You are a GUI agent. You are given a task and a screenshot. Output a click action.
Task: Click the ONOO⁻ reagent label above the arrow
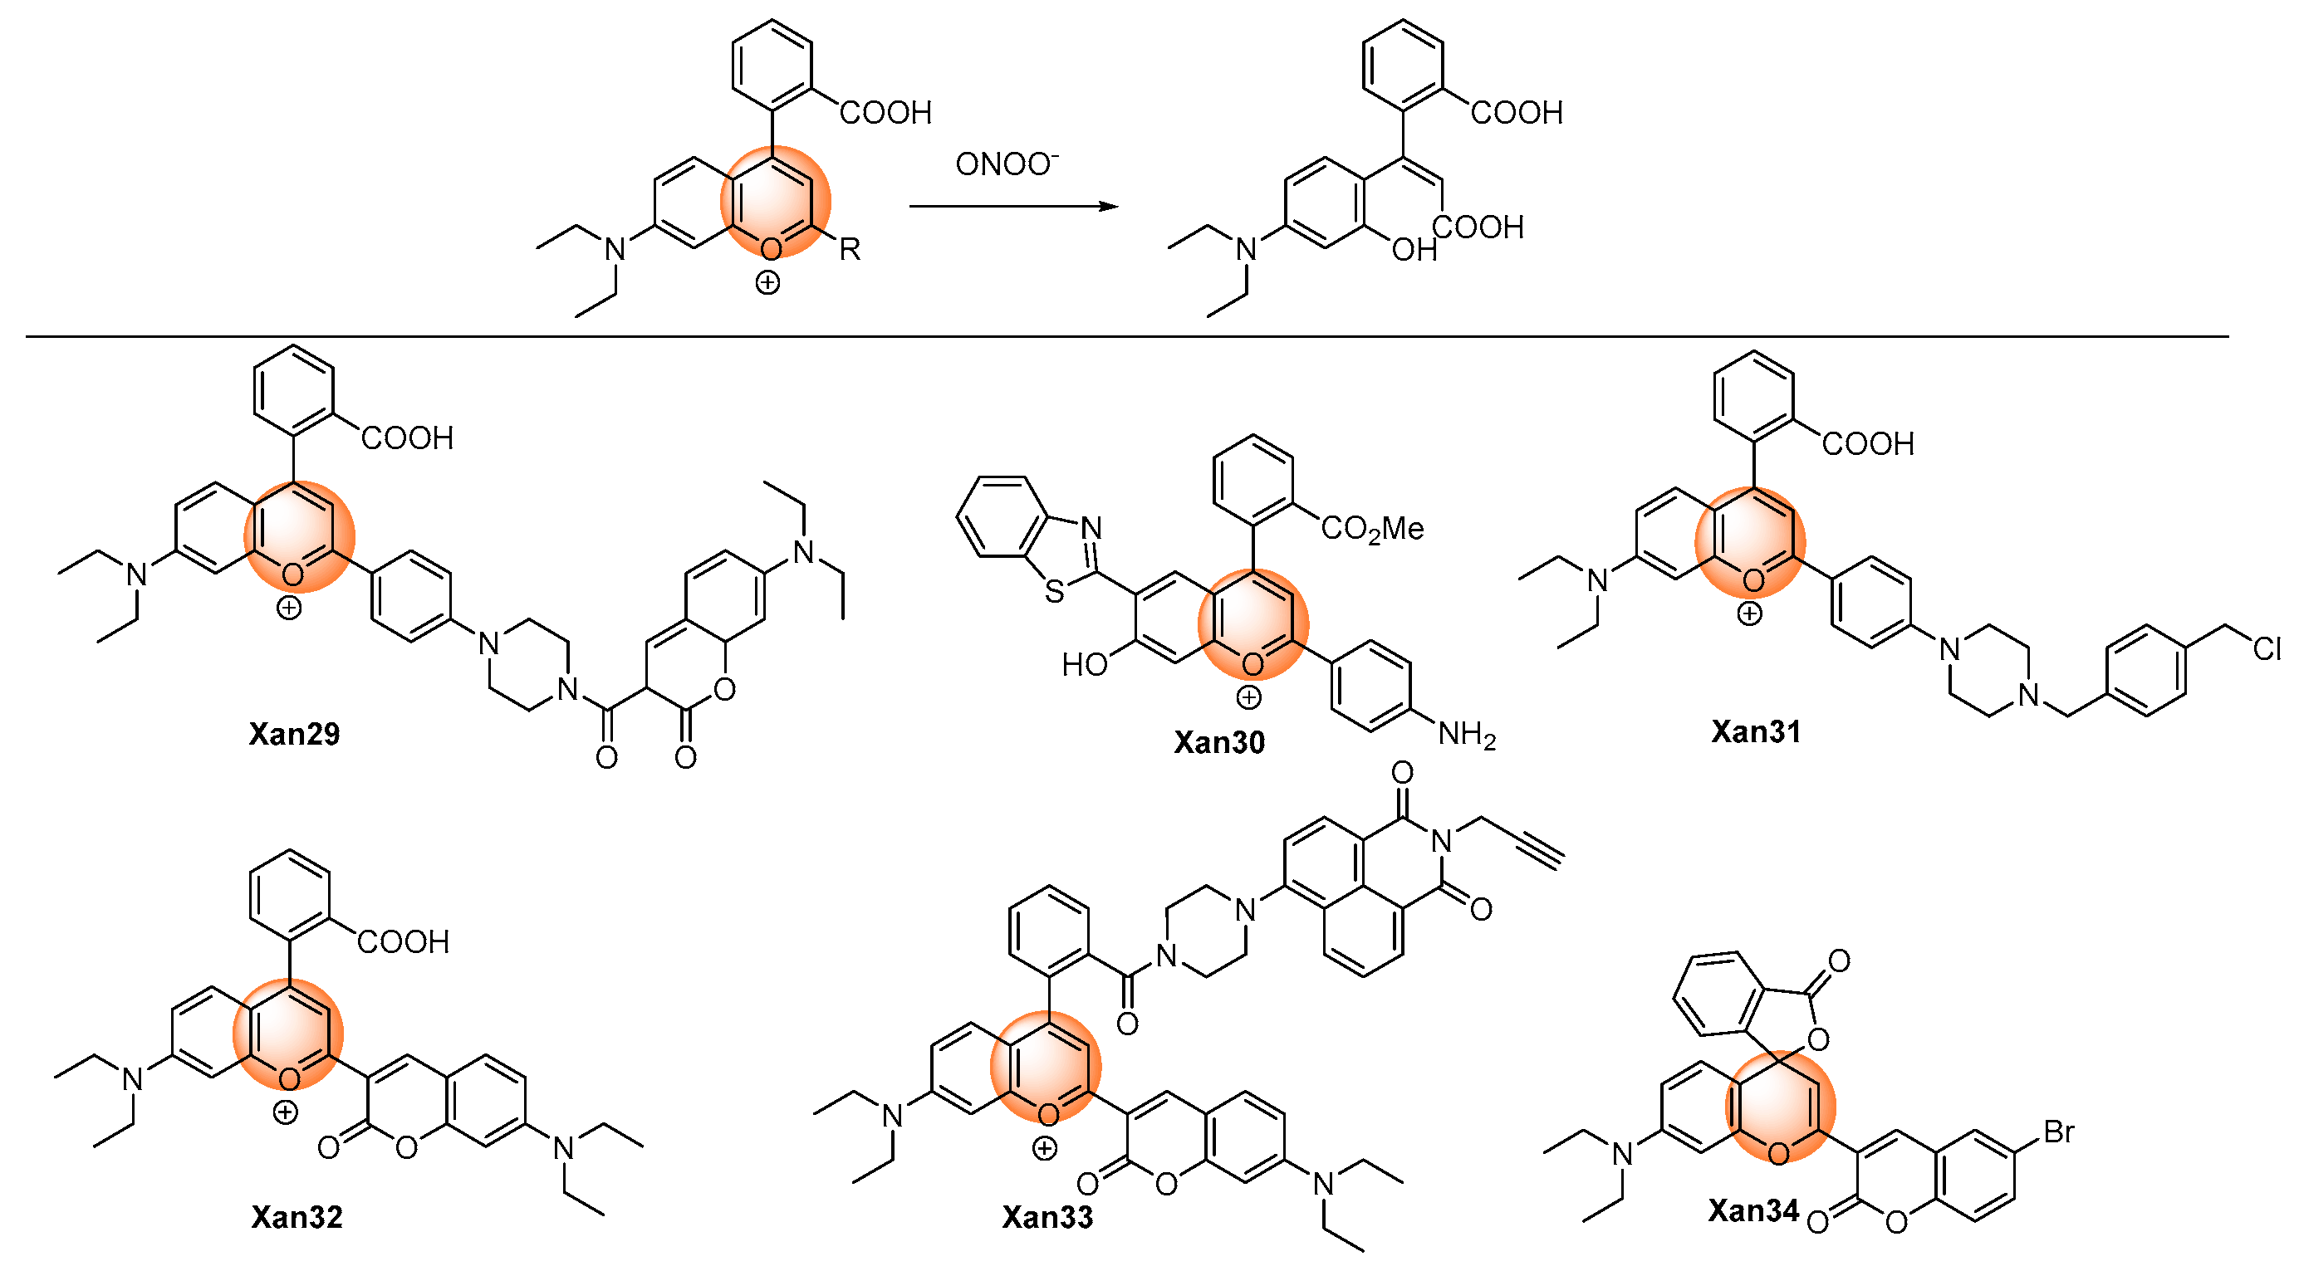click(x=1007, y=164)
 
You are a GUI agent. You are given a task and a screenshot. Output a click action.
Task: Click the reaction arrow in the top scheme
click(x=1014, y=206)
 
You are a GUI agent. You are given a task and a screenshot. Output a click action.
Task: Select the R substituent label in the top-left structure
click(x=850, y=249)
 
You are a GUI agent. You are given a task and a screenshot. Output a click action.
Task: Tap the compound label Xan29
click(x=295, y=733)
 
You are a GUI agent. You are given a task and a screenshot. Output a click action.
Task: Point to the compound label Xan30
click(x=1219, y=742)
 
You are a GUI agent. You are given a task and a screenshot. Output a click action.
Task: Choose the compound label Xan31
click(x=1756, y=731)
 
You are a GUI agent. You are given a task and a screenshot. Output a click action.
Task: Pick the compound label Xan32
click(x=297, y=1217)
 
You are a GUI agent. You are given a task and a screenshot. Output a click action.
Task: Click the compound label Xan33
click(x=1047, y=1217)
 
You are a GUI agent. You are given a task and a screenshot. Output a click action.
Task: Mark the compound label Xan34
click(x=1752, y=1210)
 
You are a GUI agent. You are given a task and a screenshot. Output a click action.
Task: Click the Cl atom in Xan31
click(x=2267, y=648)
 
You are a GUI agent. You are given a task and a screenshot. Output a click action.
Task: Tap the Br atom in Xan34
click(x=2059, y=1132)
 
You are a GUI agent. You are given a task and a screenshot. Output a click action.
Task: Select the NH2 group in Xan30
click(x=1466, y=736)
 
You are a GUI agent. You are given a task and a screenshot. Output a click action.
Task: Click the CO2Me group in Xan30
click(x=1372, y=529)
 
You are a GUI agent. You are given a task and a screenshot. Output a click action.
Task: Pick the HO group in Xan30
click(x=1085, y=664)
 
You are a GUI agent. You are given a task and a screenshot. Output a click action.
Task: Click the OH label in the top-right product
click(x=1414, y=250)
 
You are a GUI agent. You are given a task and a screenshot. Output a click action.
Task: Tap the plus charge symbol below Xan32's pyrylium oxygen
click(x=285, y=1112)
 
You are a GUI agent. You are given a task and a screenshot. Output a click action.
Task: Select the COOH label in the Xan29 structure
click(x=407, y=438)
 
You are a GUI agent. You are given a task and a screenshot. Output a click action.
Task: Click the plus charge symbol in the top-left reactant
click(x=767, y=283)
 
